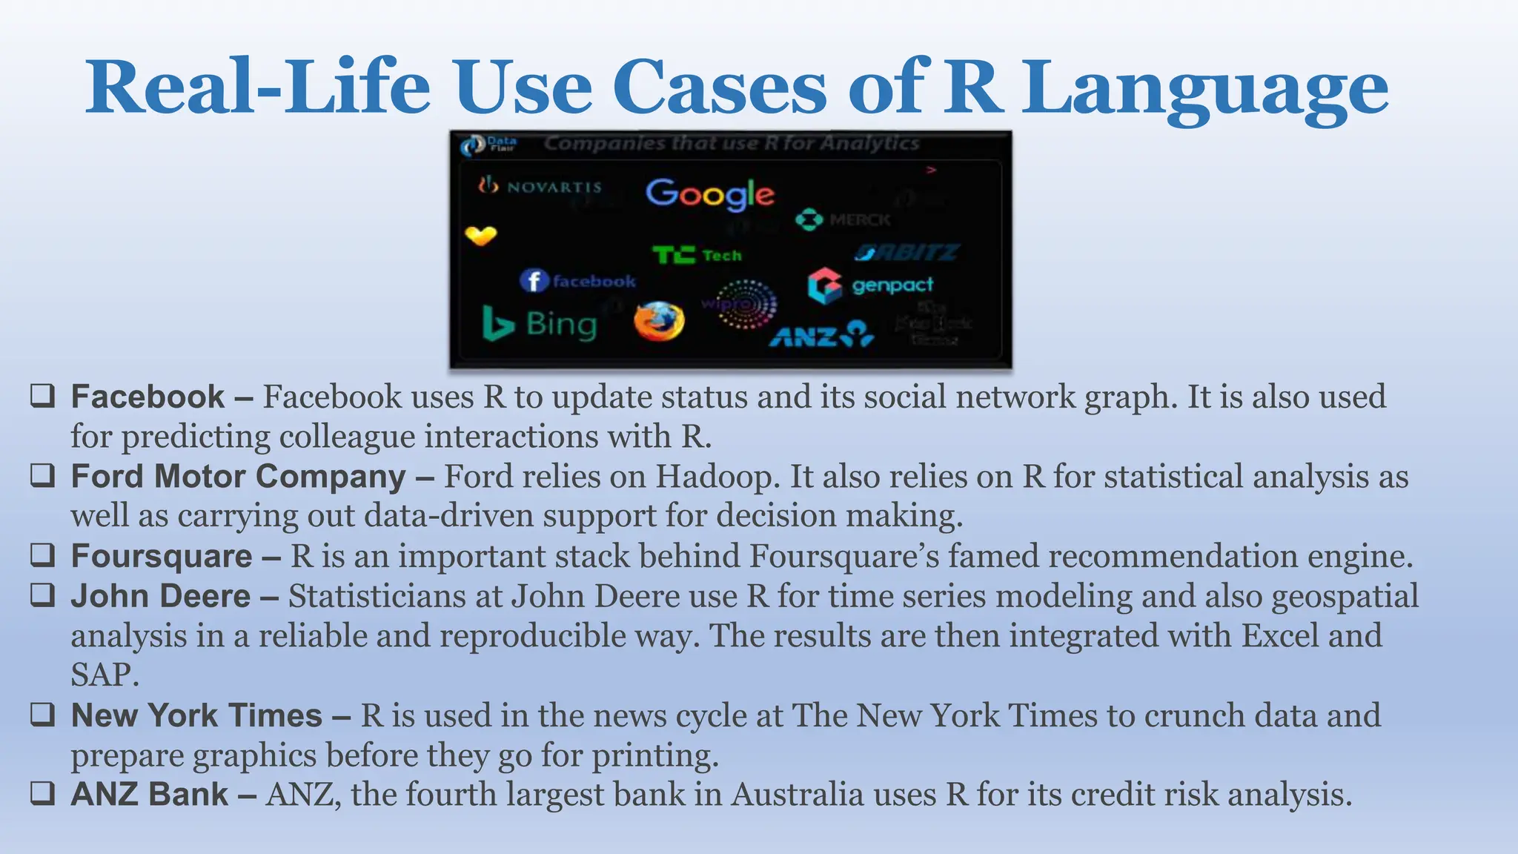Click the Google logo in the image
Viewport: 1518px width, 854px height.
click(709, 194)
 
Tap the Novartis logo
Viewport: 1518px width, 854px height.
click(540, 186)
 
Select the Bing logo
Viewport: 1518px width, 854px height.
click(540, 325)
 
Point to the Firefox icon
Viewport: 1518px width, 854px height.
click(659, 322)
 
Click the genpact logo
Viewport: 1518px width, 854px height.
click(870, 285)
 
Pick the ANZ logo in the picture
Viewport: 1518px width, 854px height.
click(821, 336)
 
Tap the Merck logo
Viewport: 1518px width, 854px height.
click(843, 219)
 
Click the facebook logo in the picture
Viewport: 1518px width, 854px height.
click(577, 281)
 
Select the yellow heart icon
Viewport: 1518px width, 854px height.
click(481, 236)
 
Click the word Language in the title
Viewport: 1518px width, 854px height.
click(1204, 89)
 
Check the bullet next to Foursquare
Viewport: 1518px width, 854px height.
click(42, 555)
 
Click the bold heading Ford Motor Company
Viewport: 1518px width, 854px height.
click(238, 477)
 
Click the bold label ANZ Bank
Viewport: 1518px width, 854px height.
click(149, 795)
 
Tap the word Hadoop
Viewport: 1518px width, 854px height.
click(717, 477)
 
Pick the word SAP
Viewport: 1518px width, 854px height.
click(105, 675)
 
